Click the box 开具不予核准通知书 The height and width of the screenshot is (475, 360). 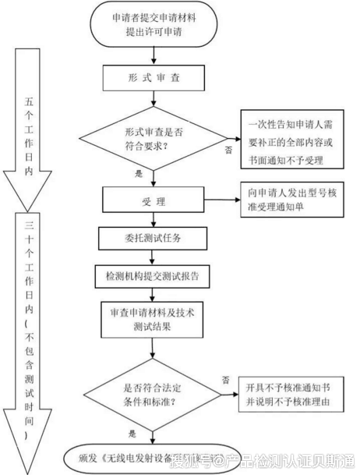tap(289, 395)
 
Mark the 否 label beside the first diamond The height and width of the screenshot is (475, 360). tap(228, 147)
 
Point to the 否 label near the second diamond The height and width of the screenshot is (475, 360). tap(225, 379)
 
